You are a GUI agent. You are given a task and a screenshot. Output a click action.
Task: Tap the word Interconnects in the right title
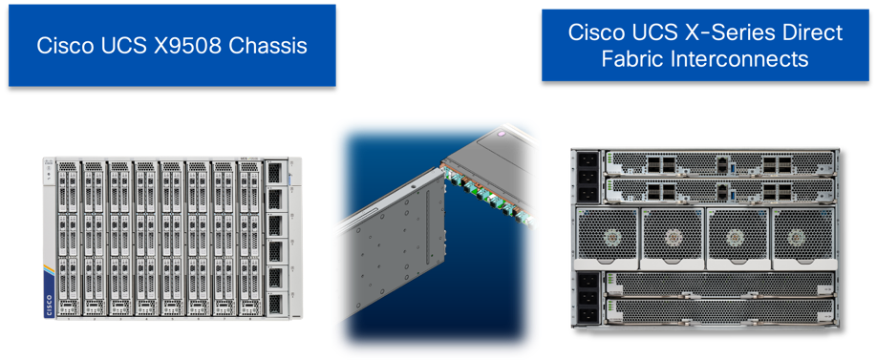[x=755, y=59]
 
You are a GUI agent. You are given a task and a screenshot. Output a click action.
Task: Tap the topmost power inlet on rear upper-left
[x=585, y=162]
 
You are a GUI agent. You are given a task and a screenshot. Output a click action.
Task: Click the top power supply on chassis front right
[x=274, y=174]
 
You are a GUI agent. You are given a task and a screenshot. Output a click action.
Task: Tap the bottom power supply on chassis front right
[x=274, y=303]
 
